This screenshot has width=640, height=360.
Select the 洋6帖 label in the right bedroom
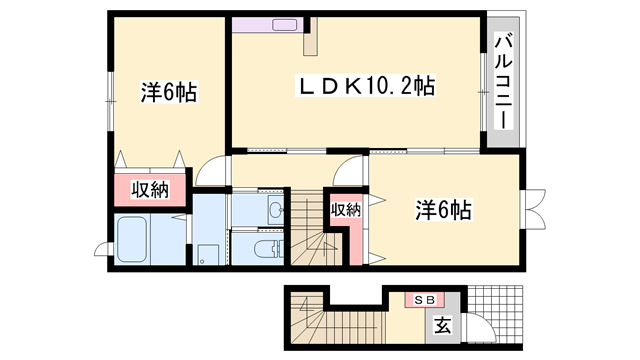(x=443, y=210)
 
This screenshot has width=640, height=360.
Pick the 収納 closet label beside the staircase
(x=345, y=210)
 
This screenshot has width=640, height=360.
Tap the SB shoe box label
(x=417, y=299)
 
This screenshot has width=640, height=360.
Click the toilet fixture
(x=263, y=249)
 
